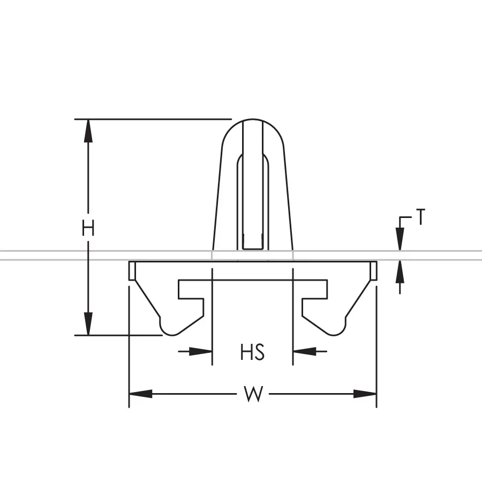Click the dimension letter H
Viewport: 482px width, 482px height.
[x=88, y=229]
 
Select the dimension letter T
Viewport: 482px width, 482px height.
[x=421, y=218]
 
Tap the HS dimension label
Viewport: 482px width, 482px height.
[x=253, y=353]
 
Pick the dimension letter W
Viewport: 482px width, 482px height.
[x=253, y=395]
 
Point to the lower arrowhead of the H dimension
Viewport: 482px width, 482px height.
[x=88, y=324]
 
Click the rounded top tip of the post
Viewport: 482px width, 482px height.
[x=253, y=122]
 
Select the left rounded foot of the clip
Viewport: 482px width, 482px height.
[x=171, y=326]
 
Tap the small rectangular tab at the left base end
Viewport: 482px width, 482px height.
[x=131, y=270]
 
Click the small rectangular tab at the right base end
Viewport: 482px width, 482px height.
[x=374, y=270]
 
